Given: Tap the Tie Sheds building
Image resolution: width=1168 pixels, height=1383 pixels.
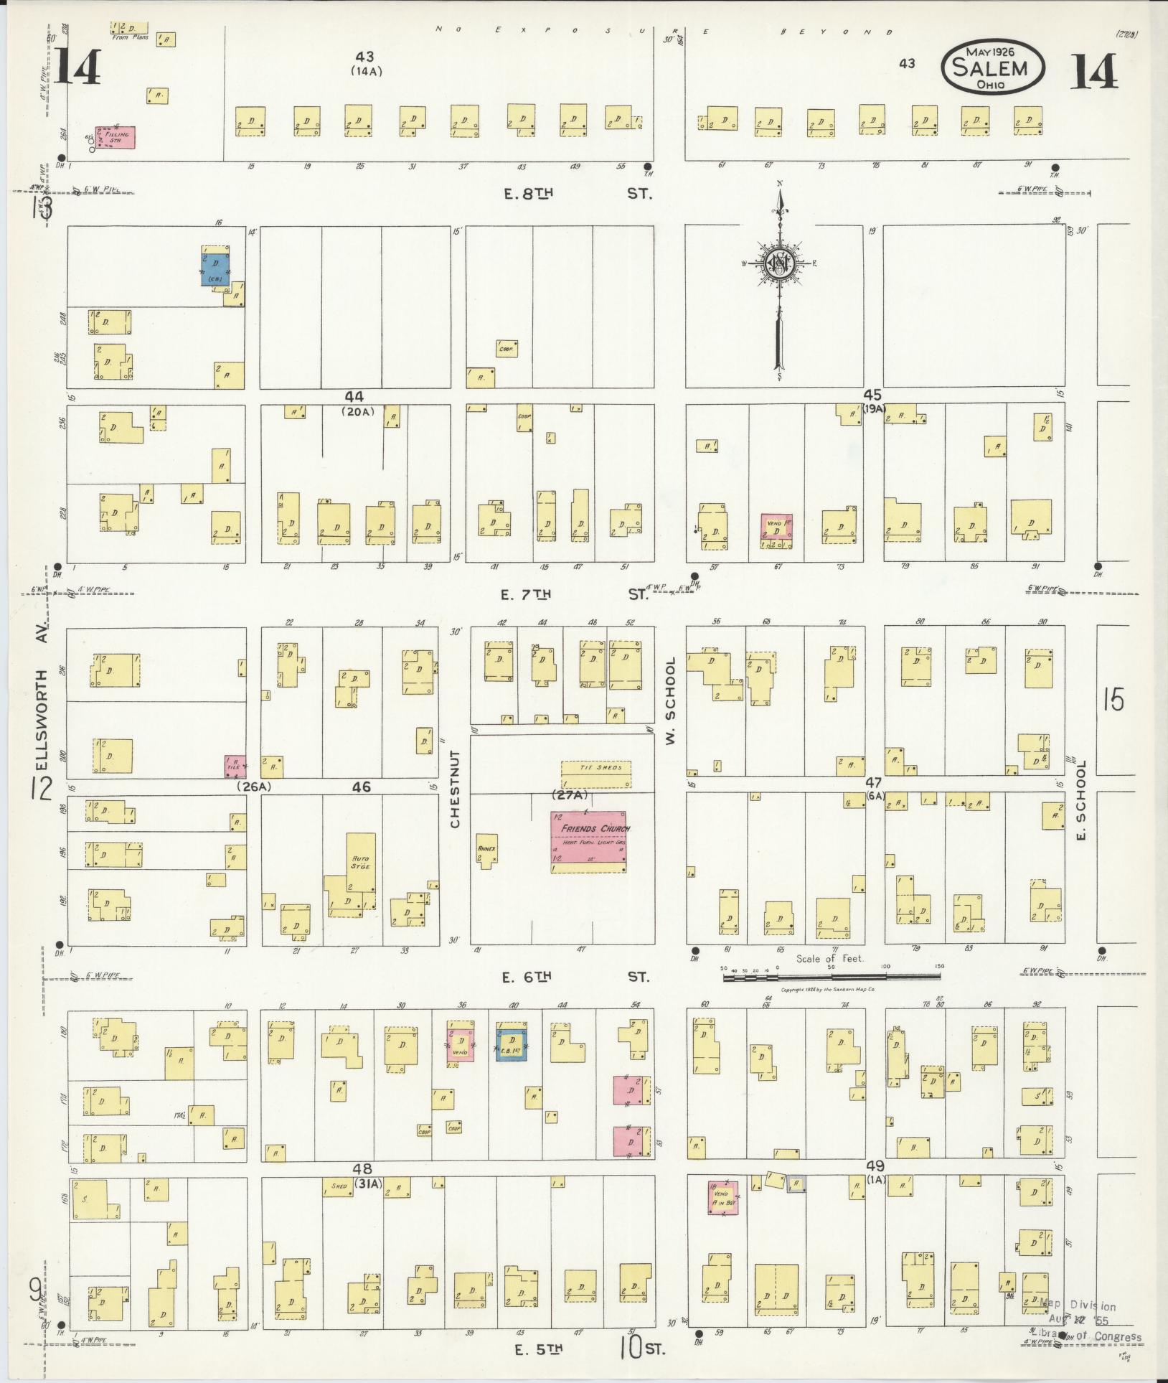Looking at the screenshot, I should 595,774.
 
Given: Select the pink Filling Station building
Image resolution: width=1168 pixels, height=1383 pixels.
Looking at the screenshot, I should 117,137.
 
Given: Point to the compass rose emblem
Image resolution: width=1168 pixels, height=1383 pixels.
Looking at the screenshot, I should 778,263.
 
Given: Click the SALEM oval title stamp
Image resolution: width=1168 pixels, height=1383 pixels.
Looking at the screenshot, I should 993,67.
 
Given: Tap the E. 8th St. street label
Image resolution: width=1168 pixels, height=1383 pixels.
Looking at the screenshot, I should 578,193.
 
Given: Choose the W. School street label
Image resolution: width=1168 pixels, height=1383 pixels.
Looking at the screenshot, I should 672,700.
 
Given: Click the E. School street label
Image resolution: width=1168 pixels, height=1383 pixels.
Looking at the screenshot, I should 1082,800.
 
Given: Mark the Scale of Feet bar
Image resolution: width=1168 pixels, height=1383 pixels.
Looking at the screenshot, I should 832,967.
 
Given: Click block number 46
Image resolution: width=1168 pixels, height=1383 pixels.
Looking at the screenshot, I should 361,787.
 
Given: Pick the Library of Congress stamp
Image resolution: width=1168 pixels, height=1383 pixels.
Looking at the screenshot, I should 1087,1321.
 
